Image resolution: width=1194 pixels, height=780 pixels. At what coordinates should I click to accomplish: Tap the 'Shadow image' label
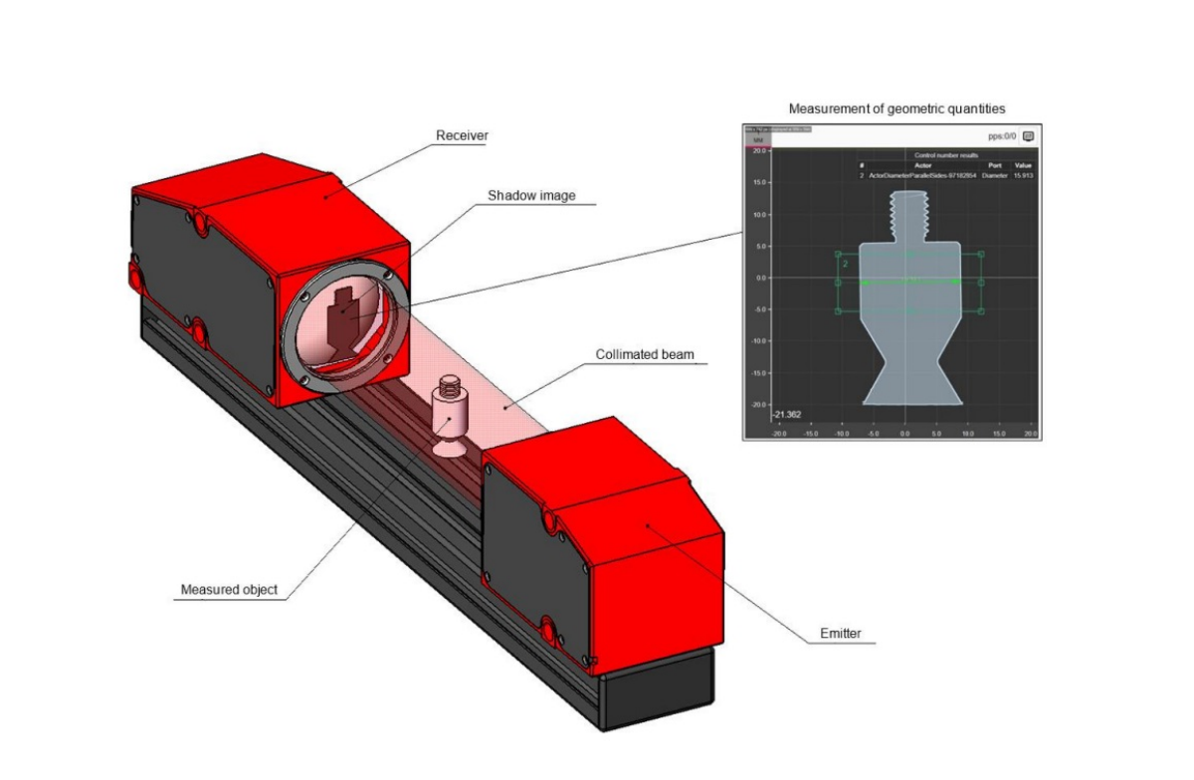click(x=531, y=196)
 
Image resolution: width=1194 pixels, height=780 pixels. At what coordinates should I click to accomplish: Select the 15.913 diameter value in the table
click(x=1025, y=174)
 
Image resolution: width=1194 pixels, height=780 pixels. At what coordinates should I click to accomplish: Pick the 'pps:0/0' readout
click(x=1002, y=134)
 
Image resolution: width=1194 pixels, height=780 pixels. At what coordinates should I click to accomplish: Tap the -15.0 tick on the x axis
click(x=810, y=433)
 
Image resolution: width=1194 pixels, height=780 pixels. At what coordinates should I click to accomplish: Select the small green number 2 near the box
click(x=845, y=265)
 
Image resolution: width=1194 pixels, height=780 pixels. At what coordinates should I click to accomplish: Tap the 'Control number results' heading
click(x=944, y=156)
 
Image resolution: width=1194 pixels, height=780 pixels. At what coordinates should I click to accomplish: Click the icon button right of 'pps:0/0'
click(x=1029, y=134)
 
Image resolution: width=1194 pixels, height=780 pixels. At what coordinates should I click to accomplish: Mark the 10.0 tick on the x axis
click(x=967, y=433)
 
